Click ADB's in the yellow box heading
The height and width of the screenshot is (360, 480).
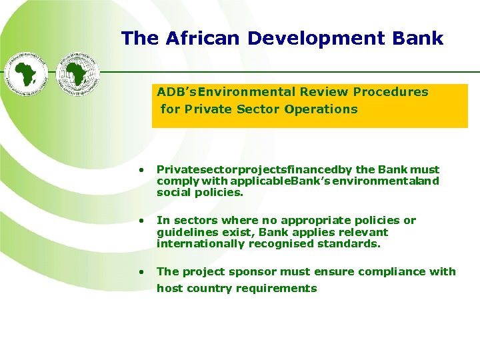point(177,92)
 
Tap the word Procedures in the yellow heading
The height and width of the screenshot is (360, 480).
point(391,92)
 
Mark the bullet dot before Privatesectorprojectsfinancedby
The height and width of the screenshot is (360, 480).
point(141,170)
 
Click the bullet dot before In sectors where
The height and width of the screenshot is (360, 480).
point(141,221)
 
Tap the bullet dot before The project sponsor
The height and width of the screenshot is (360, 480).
point(141,272)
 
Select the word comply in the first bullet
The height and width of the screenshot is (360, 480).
point(173,182)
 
